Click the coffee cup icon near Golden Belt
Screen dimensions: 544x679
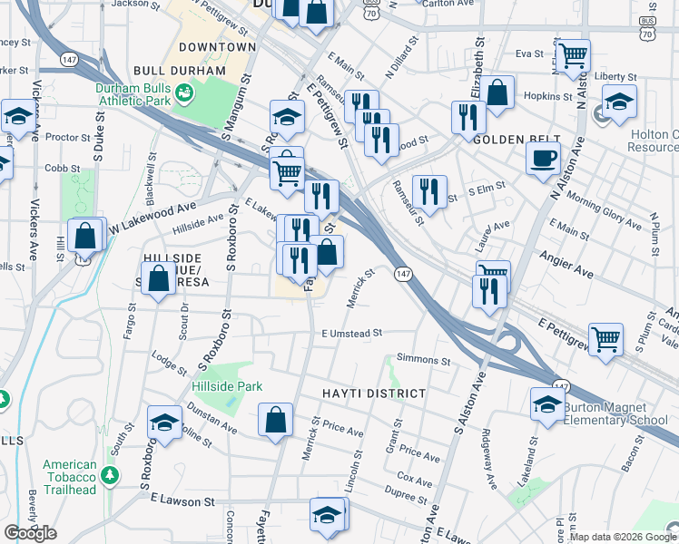tap(543, 157)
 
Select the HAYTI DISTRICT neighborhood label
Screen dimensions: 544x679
tap(373, 393)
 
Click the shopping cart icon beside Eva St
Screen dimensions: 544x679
tap(573, 56)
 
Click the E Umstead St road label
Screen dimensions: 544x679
tap(352, 334)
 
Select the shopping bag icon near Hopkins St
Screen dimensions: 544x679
tap(497, 92)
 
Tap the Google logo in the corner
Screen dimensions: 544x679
tap(30, 533)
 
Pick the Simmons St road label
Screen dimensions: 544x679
tap(423, 361)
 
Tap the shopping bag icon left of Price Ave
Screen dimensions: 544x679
tap(275, 420)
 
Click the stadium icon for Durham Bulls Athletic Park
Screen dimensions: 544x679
tap(184, 92)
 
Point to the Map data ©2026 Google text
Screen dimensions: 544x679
tap(623, 537)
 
